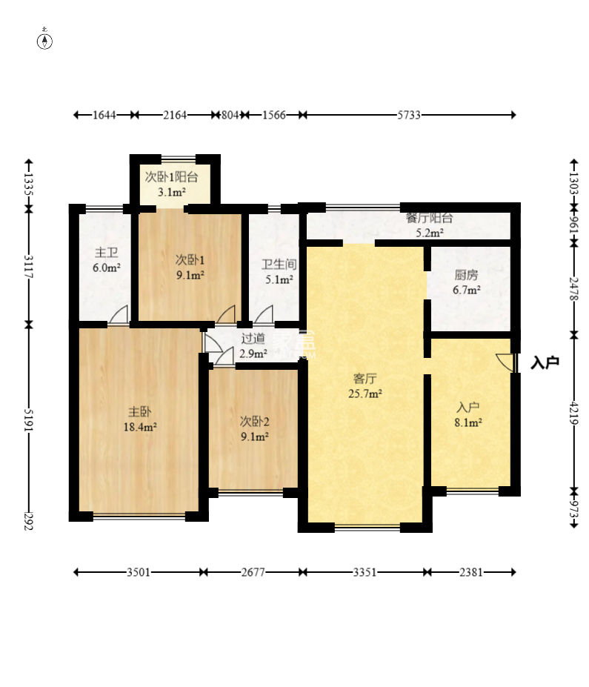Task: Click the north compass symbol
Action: click(44, 40)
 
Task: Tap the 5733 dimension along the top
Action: click(408, 115)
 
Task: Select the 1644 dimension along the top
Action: click(104, 115)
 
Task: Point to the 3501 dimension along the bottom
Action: click(139, 572)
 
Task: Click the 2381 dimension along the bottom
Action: click(470, 572)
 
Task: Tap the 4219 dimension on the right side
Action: click(573, 414)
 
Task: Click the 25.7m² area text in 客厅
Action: click(365, 394)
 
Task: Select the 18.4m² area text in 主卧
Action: click(140, 427)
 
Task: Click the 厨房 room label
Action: click(466, 275)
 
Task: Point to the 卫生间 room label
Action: click(279, 264)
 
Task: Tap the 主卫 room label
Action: click(107, 253)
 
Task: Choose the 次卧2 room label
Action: click(254, 422)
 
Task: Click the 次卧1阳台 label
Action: click(171, 177)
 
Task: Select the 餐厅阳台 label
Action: click(429, 218)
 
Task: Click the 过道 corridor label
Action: click(253, 338)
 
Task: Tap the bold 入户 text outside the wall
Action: click(545, 363)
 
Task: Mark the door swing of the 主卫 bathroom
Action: click(119, 314)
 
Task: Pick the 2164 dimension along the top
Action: click(175, 115)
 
